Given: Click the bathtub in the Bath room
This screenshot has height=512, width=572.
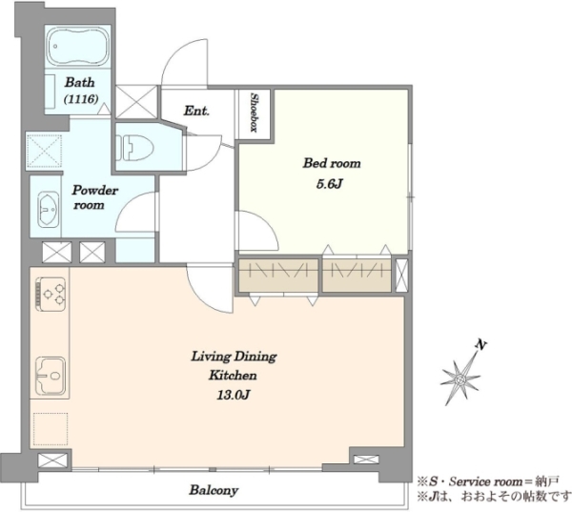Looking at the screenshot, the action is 78,47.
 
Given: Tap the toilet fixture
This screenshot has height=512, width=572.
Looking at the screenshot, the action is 134,148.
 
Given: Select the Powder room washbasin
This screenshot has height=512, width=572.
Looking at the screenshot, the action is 49,210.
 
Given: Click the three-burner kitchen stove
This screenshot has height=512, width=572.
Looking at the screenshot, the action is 51,294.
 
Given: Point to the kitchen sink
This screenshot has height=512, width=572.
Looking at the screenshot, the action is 51,375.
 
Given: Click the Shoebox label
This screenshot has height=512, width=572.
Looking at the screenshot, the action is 255,113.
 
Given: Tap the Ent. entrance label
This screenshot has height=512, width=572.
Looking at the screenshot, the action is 196,111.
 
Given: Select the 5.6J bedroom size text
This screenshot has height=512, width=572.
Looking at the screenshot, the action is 330,184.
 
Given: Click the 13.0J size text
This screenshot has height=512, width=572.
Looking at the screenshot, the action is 234,395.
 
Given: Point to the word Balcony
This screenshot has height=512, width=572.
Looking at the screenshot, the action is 214,490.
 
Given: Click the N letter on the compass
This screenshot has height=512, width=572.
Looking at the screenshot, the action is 481,344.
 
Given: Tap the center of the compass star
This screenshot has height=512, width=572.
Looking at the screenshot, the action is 460,379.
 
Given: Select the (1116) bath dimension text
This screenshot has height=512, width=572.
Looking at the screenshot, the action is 81,99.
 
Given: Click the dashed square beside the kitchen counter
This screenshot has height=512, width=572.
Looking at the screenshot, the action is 51,429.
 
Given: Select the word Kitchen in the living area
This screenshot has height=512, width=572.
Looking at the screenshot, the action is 233,376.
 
